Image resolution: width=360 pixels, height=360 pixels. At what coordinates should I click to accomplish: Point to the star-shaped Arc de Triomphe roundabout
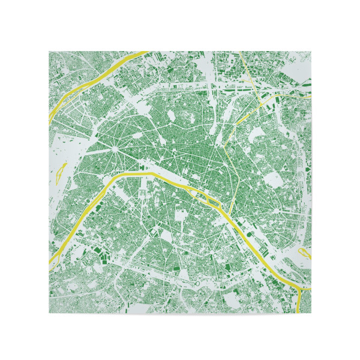[112, 146]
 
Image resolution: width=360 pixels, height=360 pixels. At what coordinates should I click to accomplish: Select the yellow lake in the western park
[59, 175]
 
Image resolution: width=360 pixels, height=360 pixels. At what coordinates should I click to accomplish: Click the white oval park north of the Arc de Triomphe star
[170, 114]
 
